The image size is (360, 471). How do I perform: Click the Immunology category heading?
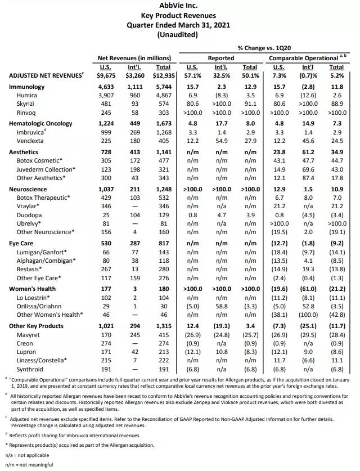[x=26, y=87]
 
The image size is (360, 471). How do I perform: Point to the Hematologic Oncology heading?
[x=41, y=124]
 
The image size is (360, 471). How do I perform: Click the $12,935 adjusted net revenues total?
[x=164, y=75]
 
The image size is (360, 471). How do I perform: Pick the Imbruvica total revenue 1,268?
[x=164, y=132]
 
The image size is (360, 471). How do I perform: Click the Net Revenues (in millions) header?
[x=134, y=57]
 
